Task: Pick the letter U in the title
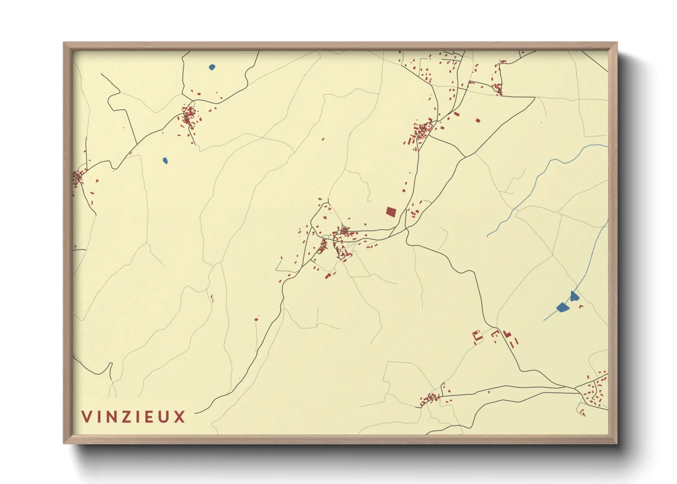click(x=166, y=417)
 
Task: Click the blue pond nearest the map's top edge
click(x=212, y=67)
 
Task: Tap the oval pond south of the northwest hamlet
click(x=165, y=161)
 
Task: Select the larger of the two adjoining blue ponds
click(x=562, y=307)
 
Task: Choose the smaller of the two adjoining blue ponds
click(x=574, y=296)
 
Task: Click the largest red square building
click(x=391, y=211)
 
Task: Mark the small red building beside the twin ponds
click(x=581, y=306)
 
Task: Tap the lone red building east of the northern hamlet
click(x=478, y=121)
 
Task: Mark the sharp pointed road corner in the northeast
click(x=534, y=97)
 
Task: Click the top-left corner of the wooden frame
click(x=64, y=43)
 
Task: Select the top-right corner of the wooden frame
click(x=617, y=43)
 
